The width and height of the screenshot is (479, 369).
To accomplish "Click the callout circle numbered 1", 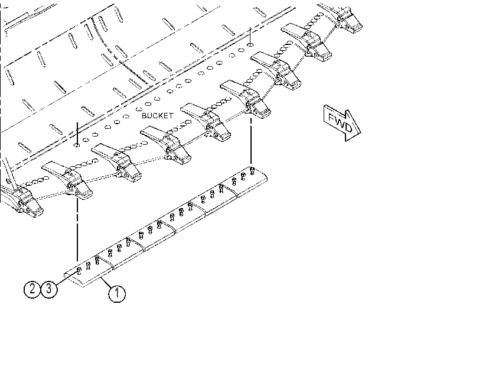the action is (x=117, y=294).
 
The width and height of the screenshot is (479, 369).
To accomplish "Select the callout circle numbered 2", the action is (x=32, y=289).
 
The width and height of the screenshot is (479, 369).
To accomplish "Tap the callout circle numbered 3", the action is (x=49, y=289).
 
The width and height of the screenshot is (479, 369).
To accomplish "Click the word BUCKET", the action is (x=157, y=116).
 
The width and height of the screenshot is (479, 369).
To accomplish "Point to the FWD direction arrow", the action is (x=343, y=123).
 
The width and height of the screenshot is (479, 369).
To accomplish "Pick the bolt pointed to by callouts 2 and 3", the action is (x=79, y=270).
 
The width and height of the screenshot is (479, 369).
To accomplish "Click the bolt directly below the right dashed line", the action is (x=252, y=171).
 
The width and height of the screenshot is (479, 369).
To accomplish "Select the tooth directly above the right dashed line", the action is (x=246, y=99).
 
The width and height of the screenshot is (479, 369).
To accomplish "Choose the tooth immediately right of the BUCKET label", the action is (x=206, y=121).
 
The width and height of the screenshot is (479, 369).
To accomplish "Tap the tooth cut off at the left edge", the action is (x=21, y=198).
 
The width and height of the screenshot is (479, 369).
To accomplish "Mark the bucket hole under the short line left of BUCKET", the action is (x=77, y=145).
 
